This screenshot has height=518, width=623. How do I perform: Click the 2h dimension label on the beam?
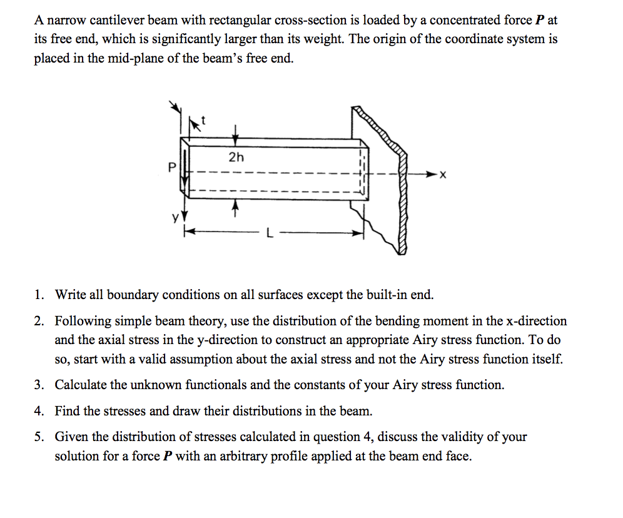(x=236, y=157)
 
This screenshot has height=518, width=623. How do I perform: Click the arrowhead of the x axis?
(x=432, y=175)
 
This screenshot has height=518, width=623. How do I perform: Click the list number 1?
(x=39, y=295)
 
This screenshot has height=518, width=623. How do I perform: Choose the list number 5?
(x=39, y=437)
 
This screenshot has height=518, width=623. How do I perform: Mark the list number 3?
(x=39, y=385)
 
